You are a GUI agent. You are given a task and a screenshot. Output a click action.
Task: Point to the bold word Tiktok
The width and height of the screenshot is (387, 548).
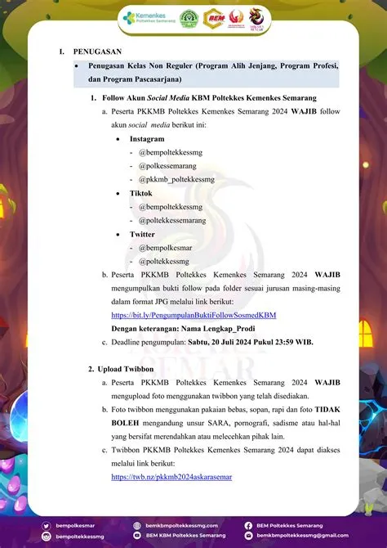[140, 192]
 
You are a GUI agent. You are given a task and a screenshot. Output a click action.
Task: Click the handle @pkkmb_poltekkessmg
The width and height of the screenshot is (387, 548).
[176, 178]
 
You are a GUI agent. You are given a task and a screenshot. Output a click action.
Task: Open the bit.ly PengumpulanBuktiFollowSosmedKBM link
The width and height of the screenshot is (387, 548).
[193, 314]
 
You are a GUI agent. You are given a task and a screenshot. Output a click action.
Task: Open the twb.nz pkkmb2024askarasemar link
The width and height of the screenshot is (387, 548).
[171, 476]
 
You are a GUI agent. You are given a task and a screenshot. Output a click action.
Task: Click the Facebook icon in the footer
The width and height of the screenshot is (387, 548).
[248, 525]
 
